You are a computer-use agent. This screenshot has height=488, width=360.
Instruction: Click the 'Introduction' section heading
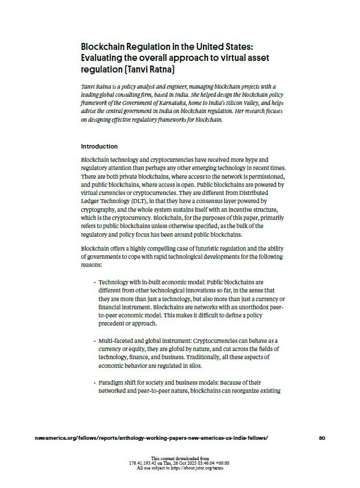pyautogui.click(x=99, y=146)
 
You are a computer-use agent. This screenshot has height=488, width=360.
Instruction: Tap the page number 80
pyautogui.click(x=322, y=438)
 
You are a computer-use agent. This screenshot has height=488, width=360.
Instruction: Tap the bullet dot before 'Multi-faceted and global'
pyautogui.click(x=94, y=340)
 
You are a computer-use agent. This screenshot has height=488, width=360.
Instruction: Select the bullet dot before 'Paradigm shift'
pyautogui.click(x=94, y=383)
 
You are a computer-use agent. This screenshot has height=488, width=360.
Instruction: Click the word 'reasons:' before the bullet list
pyautogui.click(x=92, y=264)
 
